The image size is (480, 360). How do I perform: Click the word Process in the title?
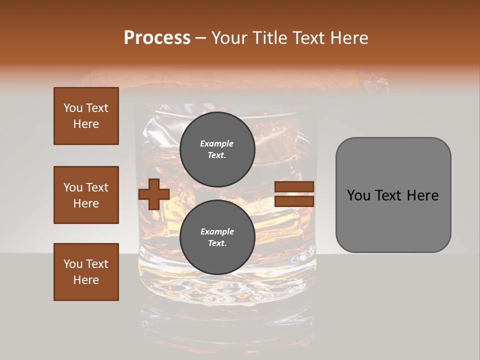[x=157, y=38]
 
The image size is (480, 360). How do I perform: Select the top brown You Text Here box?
[x=86, y=116]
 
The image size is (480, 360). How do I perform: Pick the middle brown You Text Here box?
[x=86, y=195]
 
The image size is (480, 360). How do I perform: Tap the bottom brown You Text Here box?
[x=86, y=272]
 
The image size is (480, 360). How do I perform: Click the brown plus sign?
[x=154, y=194]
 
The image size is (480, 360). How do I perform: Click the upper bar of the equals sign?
[x=294, y=186]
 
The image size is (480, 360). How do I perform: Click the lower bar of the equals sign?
[x=294, y=201]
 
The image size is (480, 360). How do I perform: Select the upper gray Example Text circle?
[x=217, y=149]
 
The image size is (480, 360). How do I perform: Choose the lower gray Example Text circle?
[x=217, y=237]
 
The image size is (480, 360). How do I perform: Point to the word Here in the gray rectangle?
[x=422, y=195]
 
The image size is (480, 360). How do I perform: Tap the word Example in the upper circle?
[x=217, y=143]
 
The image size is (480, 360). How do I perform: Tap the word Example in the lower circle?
[x=217, y=231]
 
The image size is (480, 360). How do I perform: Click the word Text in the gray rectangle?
[x=389, y=195]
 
